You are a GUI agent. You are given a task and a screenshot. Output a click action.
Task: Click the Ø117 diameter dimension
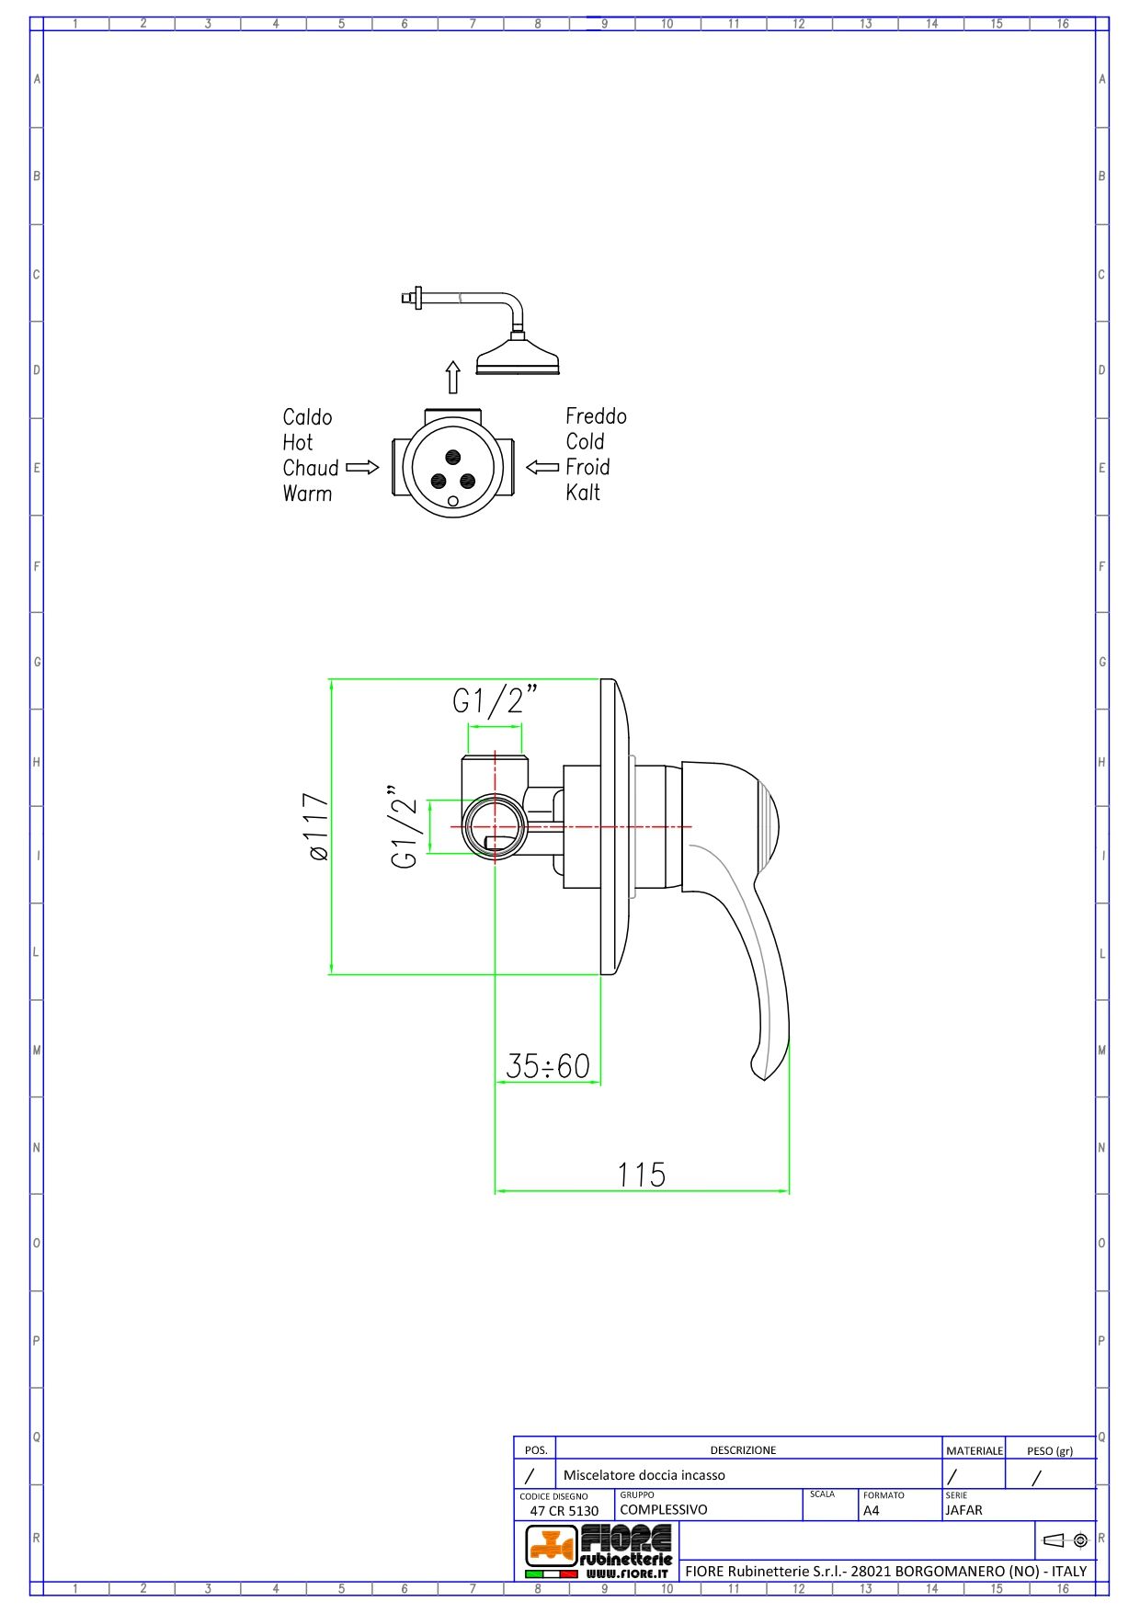pos(317,826)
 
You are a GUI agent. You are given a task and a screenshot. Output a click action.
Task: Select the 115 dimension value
pos(641,1175)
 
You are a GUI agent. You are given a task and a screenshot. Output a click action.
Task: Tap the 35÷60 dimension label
pos(548,1066)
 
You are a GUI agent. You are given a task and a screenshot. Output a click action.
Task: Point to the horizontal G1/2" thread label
pos(494,701)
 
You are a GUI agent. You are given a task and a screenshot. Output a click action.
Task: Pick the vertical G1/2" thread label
pos(405,826)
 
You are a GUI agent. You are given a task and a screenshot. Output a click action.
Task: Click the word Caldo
pos(307,417)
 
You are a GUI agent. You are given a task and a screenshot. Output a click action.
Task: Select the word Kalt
pos(583,493)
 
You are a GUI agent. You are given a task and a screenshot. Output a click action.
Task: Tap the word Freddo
pos(596,416)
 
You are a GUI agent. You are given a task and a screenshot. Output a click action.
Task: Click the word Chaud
pos(311,468)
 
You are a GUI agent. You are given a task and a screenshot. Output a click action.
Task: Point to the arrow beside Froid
pos(542,467)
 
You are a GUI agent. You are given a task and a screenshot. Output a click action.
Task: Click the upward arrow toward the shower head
pos(452,377)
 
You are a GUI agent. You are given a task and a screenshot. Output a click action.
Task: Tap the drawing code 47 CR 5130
pos(564,1510)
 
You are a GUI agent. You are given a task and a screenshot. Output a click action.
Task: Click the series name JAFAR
pos(963,1509)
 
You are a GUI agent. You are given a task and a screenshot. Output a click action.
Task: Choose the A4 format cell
pos(871,1510)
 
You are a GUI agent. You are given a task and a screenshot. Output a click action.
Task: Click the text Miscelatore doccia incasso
pos(644,1475)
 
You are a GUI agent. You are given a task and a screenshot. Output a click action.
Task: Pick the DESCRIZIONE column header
pos(743,1450)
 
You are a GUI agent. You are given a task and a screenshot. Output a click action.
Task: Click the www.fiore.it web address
pos(626,1573)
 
